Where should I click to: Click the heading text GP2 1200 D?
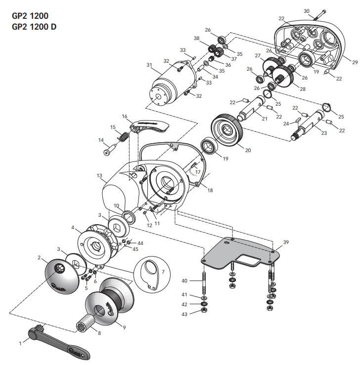tap(34, 27)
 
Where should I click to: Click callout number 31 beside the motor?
tap(149, 65)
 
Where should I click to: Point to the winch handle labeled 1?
tap(59, 342)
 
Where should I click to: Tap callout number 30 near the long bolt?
tap(306, 10)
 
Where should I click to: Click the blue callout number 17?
tap(198, 172)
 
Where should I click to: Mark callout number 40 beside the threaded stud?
tap(185, 281)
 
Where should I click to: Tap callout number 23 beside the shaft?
tap(324, 133)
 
